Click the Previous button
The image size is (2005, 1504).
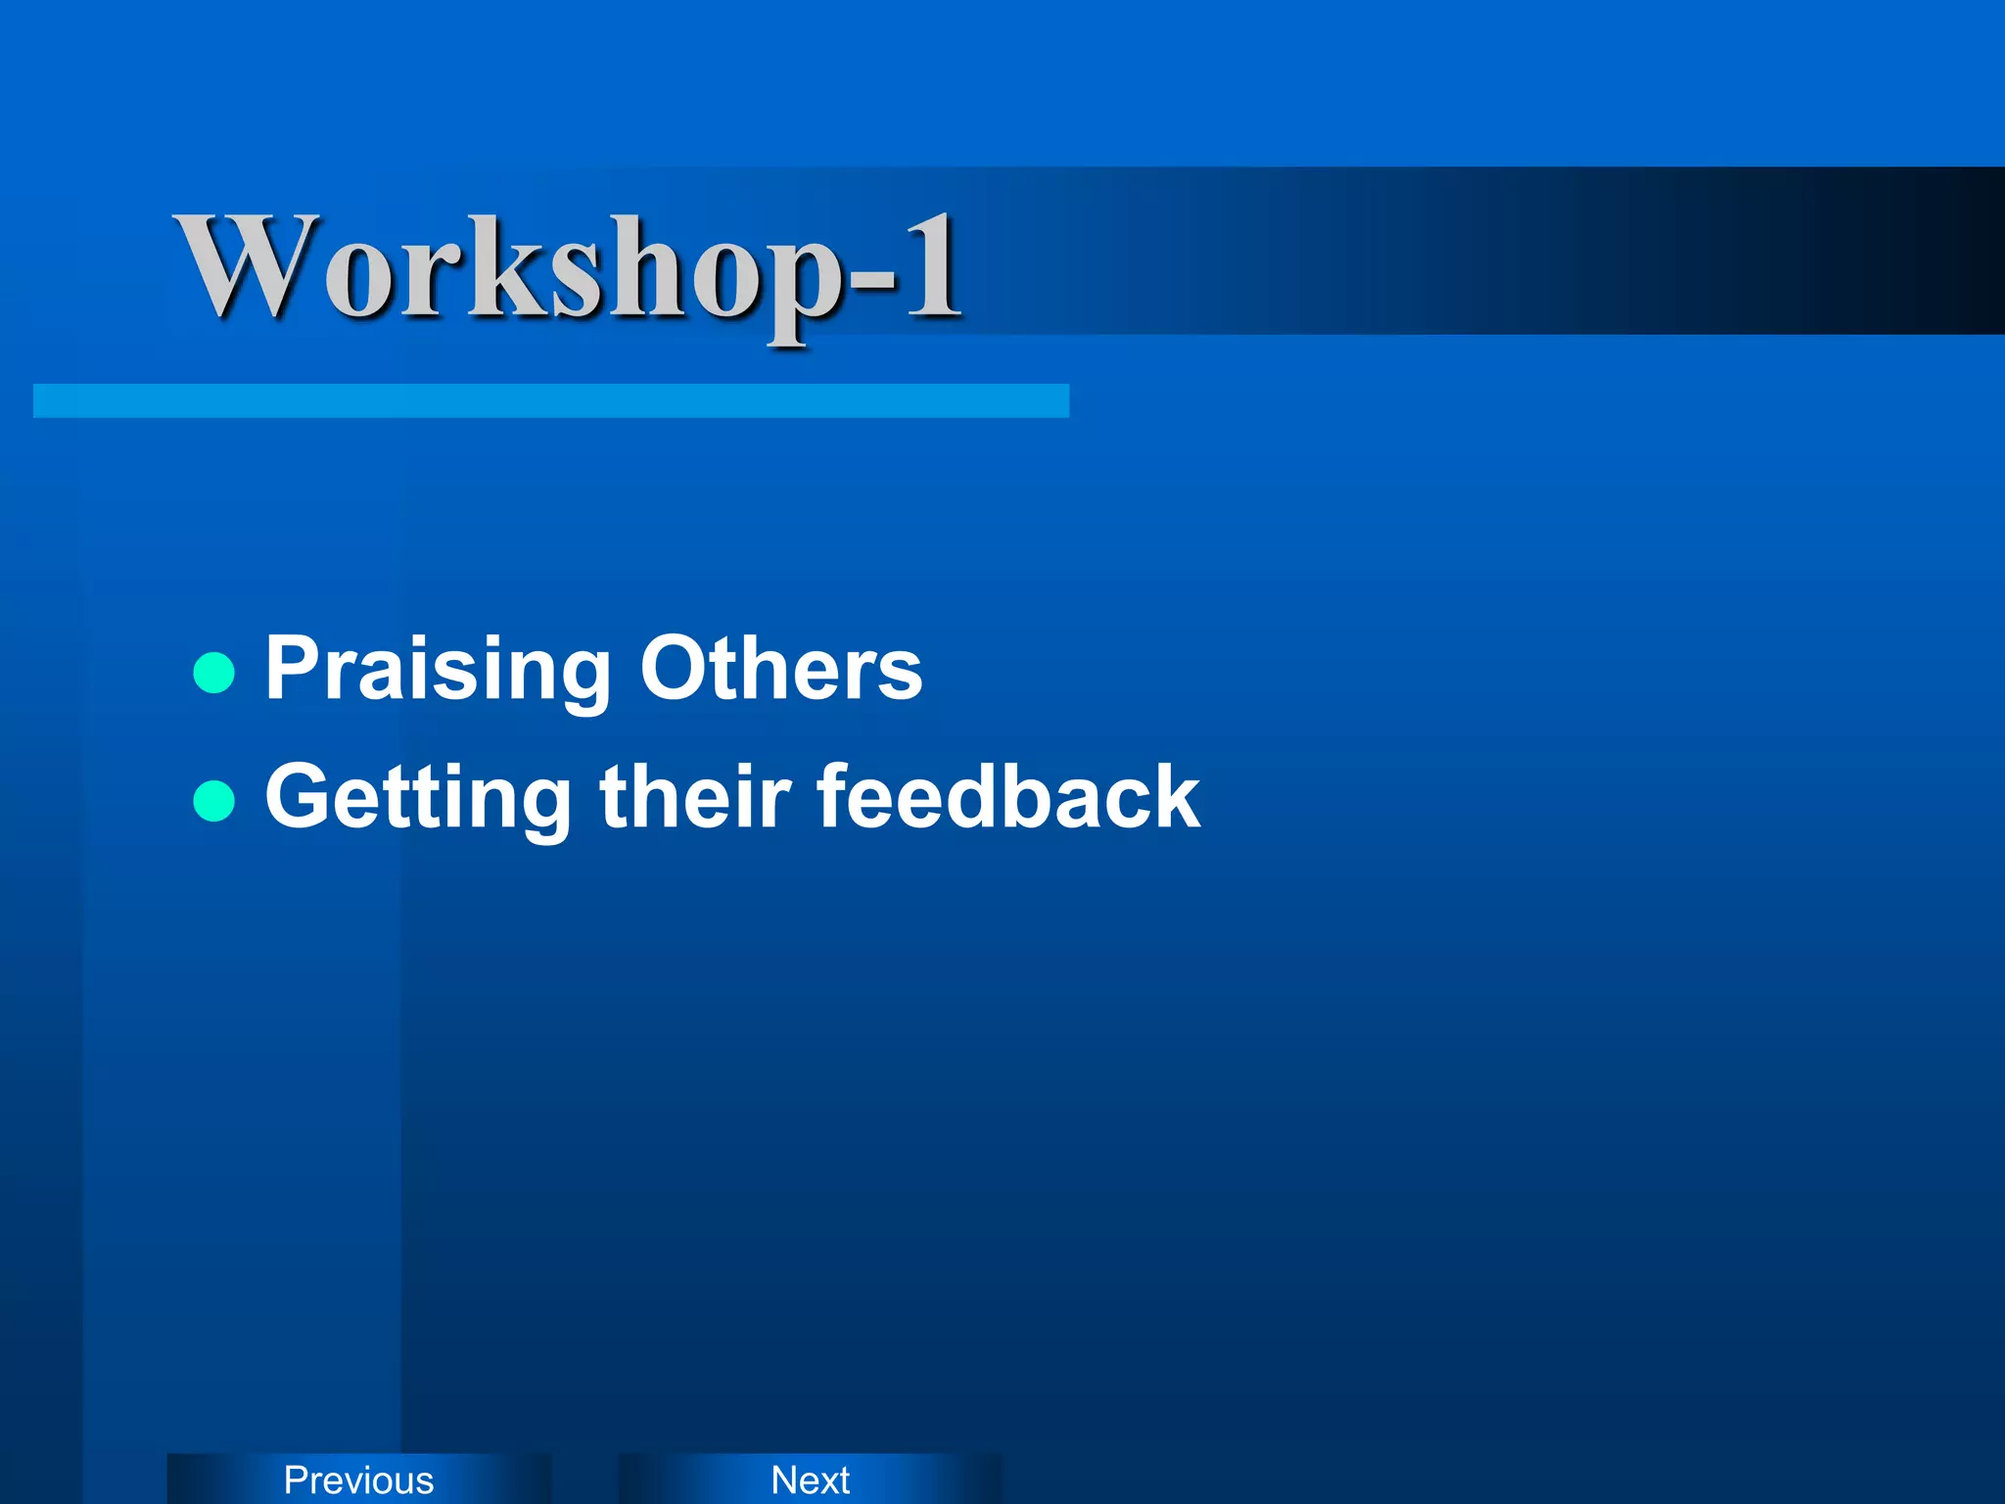click(x=358, y=1480)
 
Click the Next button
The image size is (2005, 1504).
click(x=810, y=1480)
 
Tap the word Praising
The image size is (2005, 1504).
click(x=438, y=670)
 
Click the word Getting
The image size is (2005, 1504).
click(x=418, y=798)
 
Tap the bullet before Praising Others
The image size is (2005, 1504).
click(x=214, y=673)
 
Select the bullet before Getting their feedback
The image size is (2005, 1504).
click(x=214, y=800)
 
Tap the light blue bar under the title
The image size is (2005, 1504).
click(x=550, y=400)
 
